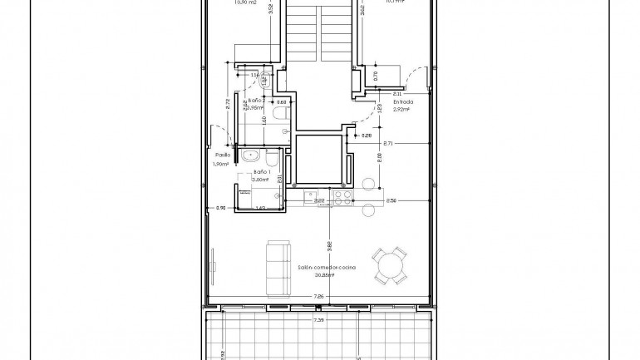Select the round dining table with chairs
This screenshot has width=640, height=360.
point(390,265)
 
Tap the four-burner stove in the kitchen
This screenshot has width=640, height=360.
point(342,197)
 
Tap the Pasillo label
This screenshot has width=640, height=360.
point(222,155)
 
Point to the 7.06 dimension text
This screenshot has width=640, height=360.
point(318,296)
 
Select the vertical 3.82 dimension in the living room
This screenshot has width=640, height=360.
point(330,246)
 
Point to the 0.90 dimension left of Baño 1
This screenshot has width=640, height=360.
point(220,208)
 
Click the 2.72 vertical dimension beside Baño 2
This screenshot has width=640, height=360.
point(228,105)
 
